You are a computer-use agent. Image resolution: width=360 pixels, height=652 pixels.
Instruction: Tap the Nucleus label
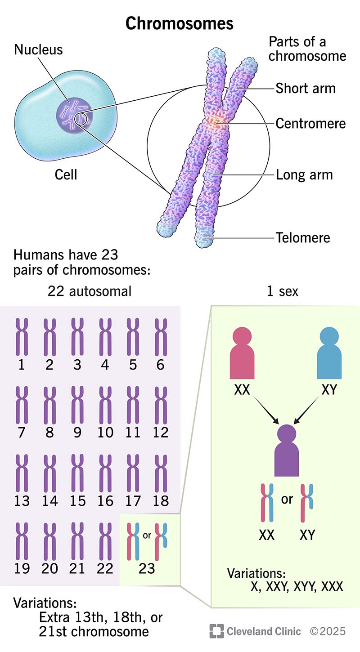click(38, 49)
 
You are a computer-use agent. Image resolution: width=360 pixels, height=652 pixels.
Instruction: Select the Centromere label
click(310, 123)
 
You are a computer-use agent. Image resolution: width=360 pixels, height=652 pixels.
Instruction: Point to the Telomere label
click(303, 237)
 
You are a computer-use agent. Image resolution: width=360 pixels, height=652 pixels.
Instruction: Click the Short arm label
click(306, 88)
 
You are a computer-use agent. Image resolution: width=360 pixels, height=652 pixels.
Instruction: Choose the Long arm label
click(304, 174)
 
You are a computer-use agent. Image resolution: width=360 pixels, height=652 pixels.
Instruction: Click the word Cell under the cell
click(66, 174)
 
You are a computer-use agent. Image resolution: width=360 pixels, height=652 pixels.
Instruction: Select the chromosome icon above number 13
click(22, 473)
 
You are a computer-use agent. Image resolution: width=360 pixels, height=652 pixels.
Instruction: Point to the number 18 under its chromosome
click(161, 500)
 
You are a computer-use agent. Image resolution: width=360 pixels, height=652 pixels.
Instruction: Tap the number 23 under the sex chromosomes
click(147, 569)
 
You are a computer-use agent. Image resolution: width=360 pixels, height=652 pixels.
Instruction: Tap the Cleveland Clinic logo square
click(216, 631)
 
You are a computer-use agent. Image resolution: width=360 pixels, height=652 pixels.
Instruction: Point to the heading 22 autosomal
click(90, 291)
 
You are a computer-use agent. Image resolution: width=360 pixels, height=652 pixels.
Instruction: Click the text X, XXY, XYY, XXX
click(297, 586)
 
